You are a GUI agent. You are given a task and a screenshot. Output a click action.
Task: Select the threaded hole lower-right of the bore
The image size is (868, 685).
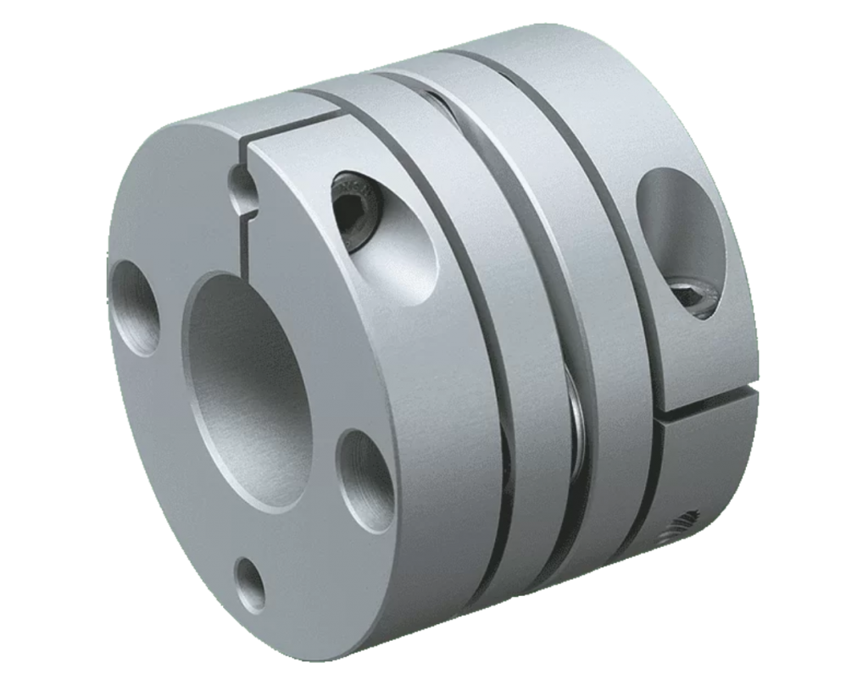coord(364,471)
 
